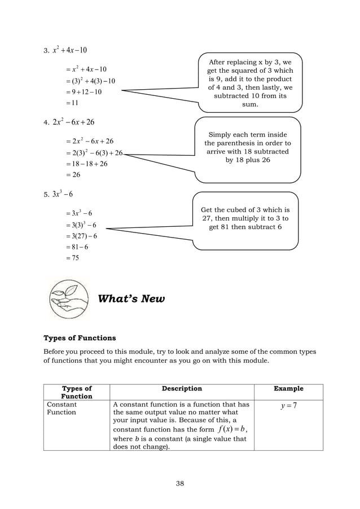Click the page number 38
[180, 483]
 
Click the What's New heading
[131, 299]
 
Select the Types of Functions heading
[80, 338]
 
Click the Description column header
[182, 388]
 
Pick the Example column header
[288, 388]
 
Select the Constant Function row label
[62, 409]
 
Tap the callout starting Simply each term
[248, 148]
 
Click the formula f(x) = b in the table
[232, 431]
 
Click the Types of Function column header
[77, 392]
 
